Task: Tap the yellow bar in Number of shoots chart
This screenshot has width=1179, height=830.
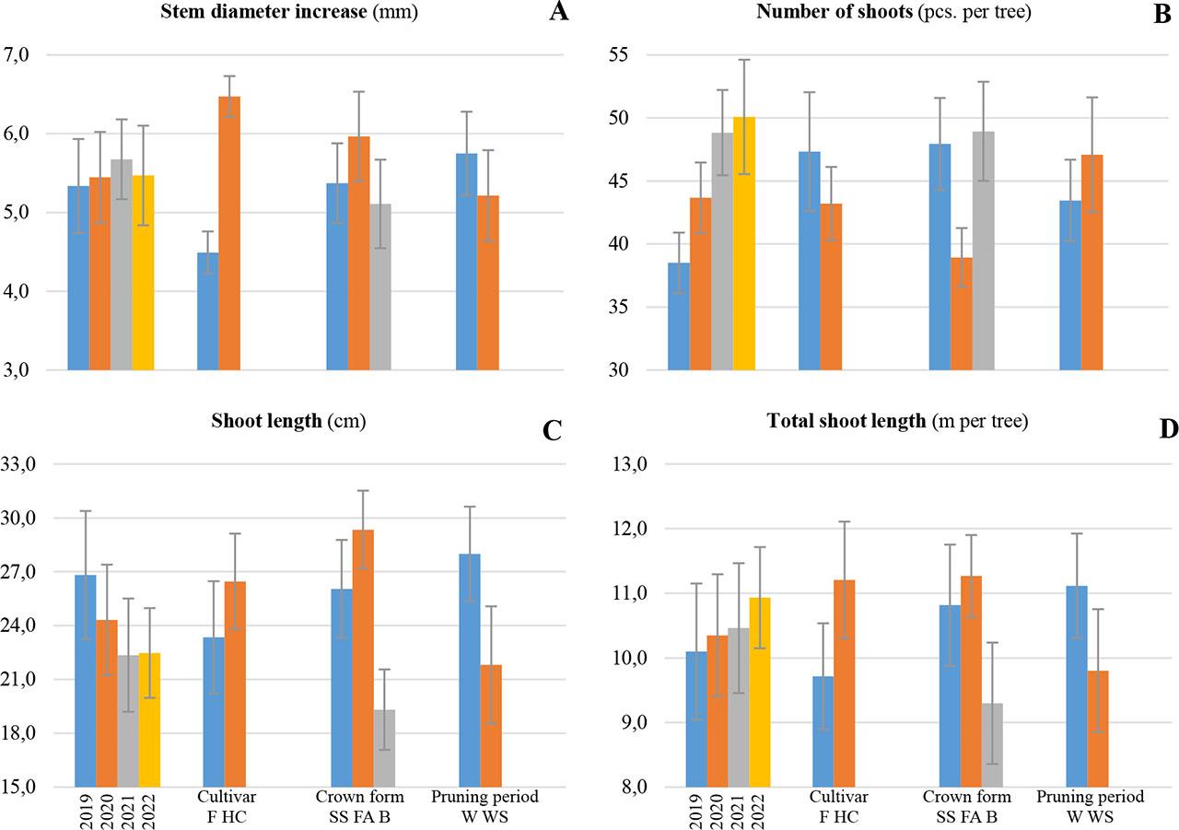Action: [744, 243]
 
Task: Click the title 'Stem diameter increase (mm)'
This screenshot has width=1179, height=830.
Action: [275, 13]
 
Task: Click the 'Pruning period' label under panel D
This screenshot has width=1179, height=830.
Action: [1091, 797]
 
